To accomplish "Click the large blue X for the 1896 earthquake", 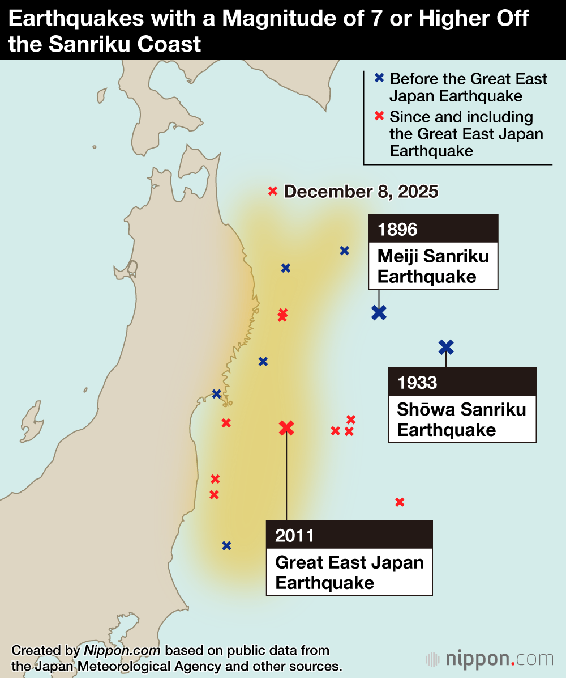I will pos(379,312).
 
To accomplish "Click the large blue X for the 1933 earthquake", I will pos(446,347).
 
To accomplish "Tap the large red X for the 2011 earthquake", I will pos(286,428).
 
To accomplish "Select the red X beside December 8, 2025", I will pos(273,192).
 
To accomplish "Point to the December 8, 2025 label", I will pos(361,192).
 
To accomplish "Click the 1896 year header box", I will pos(433,229).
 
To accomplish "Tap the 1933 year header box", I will pos(461,382).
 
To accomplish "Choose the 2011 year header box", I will pos(349,535).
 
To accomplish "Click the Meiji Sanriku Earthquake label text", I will pos(433,266).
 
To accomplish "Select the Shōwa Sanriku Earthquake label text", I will pos(461,419).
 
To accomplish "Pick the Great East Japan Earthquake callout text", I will pos(349,573).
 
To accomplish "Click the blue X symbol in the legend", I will pos(379,79).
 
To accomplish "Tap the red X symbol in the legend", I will pos(379,117).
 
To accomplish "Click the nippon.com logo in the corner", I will pos(490,659).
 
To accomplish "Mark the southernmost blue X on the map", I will pos(226,546).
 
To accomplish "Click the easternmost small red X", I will pos(400,502).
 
